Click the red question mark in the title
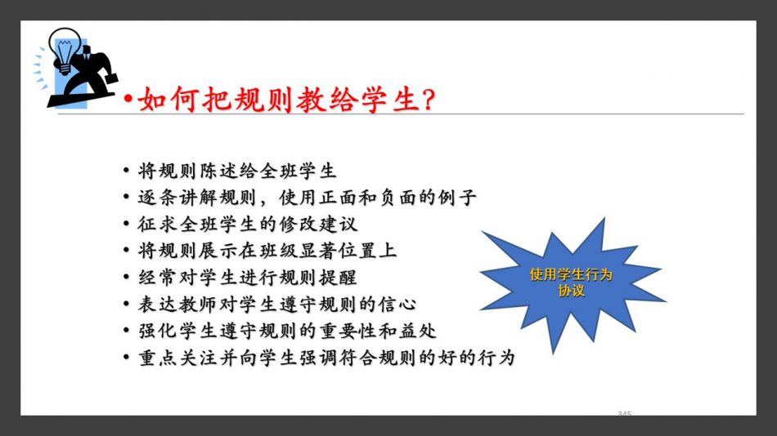[428, 100]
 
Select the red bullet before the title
[128, 99]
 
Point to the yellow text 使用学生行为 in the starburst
[571, 274]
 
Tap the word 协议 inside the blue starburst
[571, 291]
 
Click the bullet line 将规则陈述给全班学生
[237, 171]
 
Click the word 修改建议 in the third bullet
[317, 225]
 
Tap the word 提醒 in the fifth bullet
[338, 278]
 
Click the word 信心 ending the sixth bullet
[397, 305]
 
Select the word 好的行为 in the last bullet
[477, 358]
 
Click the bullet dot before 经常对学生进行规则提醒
[126, 278]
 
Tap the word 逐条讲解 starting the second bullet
[177, 198]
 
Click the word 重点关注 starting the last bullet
[177, 358]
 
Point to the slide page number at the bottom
[624, 413]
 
